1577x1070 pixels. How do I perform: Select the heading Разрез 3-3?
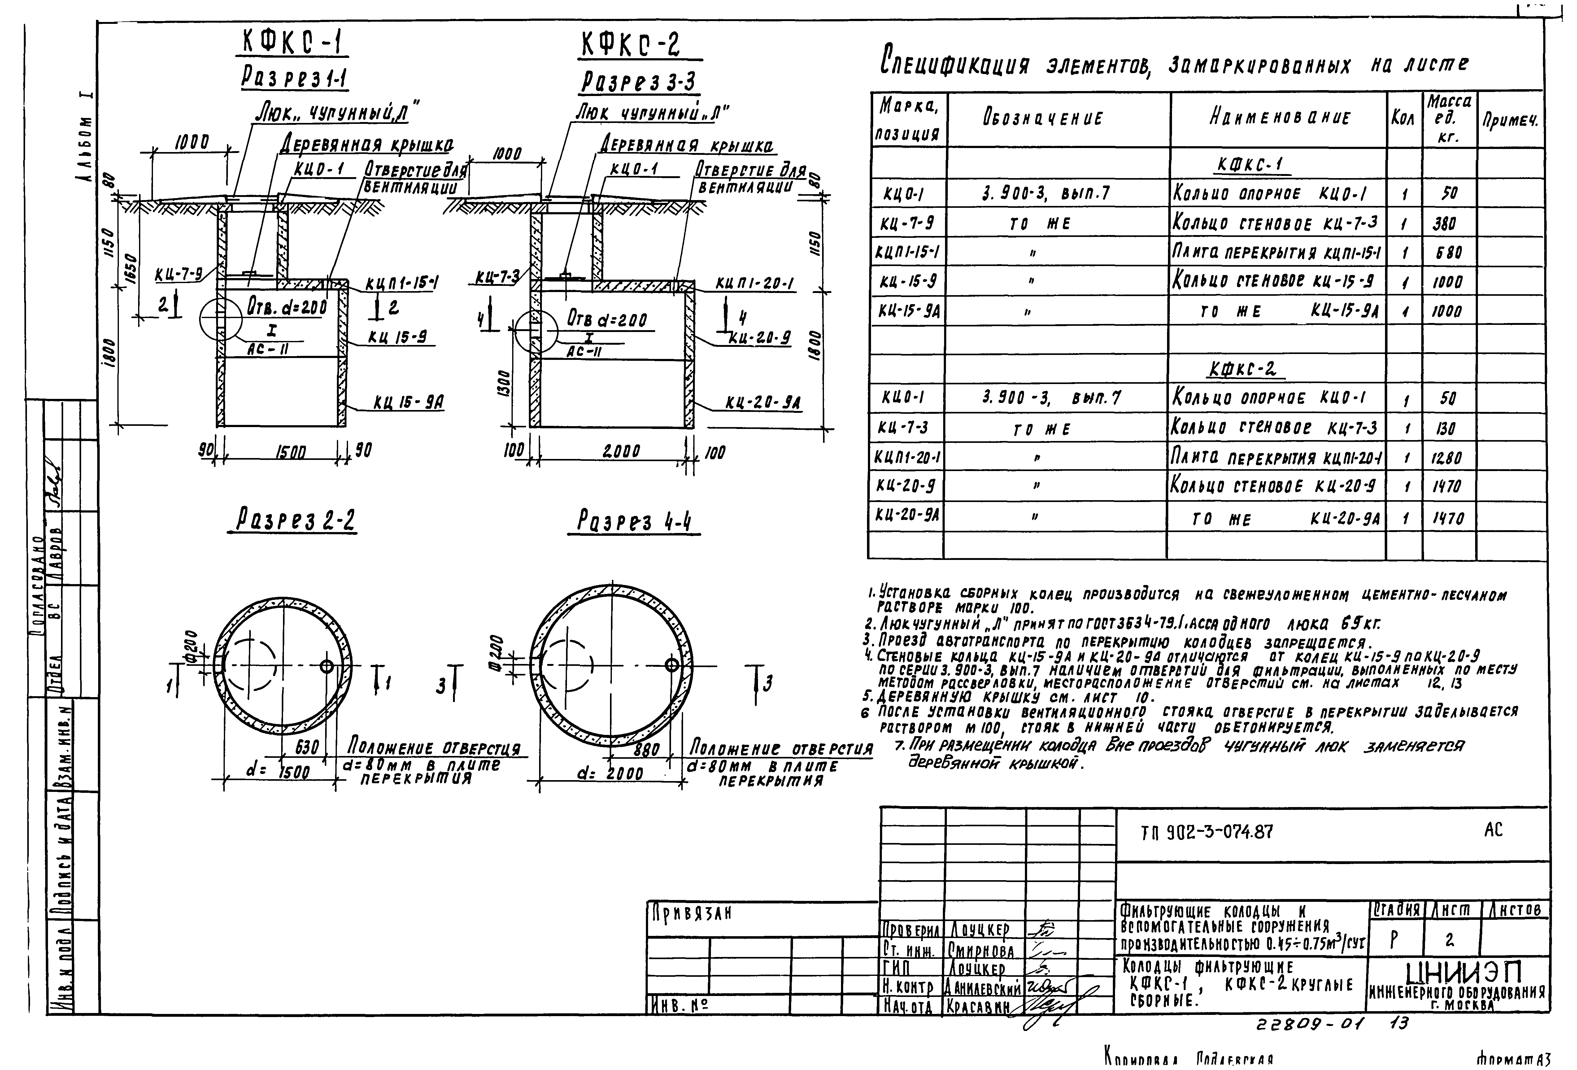(x=638, y=82)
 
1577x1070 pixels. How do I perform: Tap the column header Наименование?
(x=1279, y=118)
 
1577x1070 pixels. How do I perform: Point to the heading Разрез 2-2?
(x=295, y=521)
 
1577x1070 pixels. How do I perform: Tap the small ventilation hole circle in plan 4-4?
(x=671, y=664)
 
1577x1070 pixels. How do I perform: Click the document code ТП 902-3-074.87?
(x=1206, y=832)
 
